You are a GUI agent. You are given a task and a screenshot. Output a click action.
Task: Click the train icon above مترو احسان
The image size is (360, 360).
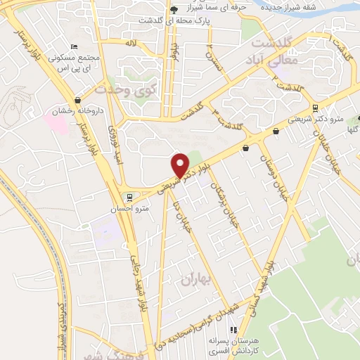[x=129, y=196]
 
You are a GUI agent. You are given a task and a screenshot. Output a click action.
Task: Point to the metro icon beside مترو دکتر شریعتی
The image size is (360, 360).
[x=316, y=108]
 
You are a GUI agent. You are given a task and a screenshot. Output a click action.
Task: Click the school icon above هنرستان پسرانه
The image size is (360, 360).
[x=235, y=329]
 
